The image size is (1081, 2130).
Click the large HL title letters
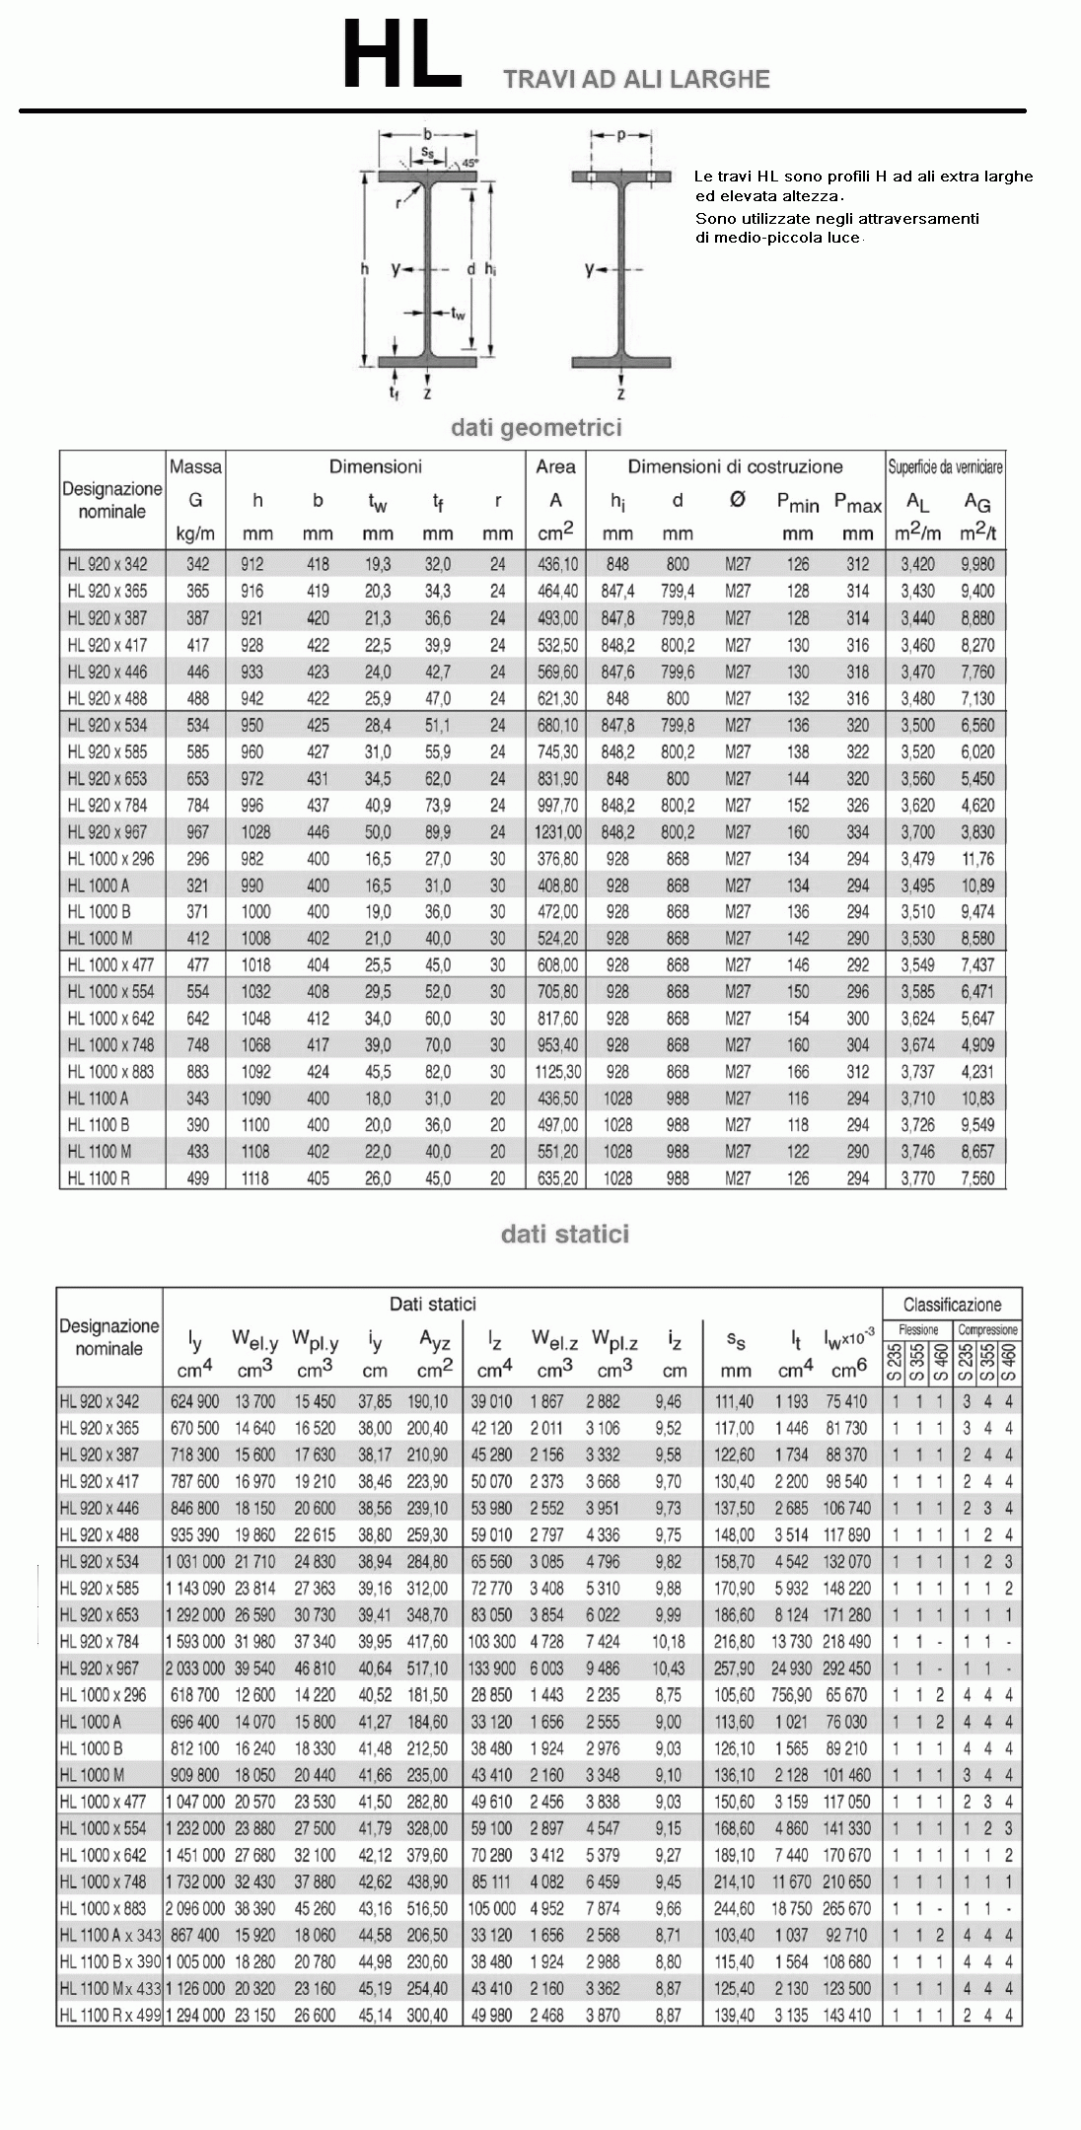pos(402,57)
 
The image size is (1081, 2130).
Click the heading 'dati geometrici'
pos(536,428)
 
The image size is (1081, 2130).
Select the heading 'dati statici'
pos(564,1234)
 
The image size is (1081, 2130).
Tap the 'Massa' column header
pos(195,466)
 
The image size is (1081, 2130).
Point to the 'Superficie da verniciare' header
pos(946,466)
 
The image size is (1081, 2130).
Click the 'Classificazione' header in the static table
pos(952,1305)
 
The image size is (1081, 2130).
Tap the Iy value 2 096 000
pos(195,1908)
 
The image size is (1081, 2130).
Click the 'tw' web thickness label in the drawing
pos(459,314)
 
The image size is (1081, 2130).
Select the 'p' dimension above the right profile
pos(621,133)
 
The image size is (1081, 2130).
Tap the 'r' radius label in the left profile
pos(398,203)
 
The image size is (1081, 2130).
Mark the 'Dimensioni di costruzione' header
pos(735,466)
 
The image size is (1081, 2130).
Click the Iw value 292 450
pos(846,1668)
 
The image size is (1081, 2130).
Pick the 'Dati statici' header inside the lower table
pos(432,1305)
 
